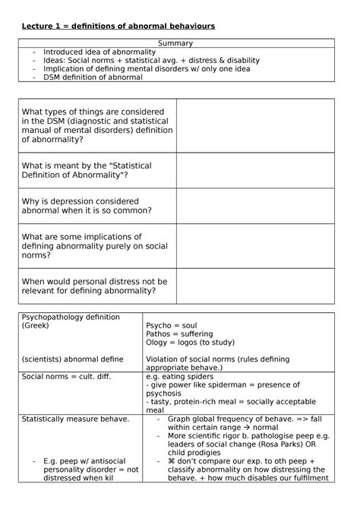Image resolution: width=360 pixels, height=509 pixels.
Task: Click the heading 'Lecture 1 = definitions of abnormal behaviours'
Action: tap(118, 26)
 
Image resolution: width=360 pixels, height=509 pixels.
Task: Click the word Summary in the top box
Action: tap(175, 43)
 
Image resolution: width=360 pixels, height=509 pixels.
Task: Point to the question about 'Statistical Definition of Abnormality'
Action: tap(87, 170)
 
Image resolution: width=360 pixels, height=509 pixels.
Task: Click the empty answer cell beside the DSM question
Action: tap(255, 125)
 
